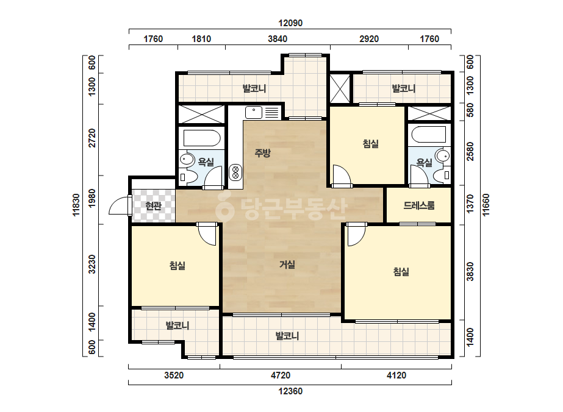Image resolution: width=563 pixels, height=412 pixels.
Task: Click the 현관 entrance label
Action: click(153, 206)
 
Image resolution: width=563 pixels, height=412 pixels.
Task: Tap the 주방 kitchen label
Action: click(262, 153)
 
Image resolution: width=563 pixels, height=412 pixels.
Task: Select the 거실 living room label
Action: click(287, 265)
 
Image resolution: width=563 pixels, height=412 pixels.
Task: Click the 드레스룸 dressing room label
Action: click(419, 205)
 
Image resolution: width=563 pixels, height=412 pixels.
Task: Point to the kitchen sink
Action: click(254, 112)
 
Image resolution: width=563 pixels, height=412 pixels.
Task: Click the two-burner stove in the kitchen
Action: click(235, 171)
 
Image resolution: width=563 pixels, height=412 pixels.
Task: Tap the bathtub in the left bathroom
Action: click(202, 138)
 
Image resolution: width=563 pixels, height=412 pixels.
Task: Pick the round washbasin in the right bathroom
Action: click(443, 157)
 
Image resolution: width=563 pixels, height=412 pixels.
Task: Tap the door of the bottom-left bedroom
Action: click(207, 234)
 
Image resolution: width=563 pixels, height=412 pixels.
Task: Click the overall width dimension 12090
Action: click(290, 23)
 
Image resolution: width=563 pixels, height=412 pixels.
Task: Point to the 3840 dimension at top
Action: click(278, 39)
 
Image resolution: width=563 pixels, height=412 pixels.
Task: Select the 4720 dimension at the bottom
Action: click(281, 375)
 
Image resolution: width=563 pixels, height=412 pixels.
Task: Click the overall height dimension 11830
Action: click(76, 205)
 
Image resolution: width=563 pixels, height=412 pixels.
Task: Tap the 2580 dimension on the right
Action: click(470, 152)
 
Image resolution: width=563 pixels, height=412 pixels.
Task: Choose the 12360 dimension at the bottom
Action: click(290, 391)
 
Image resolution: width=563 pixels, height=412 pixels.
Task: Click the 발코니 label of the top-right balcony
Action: click(404, 88)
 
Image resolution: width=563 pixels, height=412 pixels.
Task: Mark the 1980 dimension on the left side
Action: click(92, 198)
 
